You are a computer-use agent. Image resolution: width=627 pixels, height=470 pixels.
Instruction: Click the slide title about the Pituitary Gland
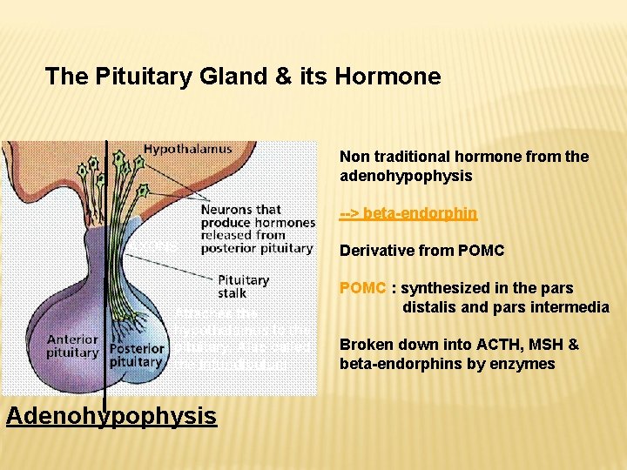click(243, 77)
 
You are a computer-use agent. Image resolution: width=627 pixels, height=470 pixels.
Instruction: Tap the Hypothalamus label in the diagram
click(187, 149)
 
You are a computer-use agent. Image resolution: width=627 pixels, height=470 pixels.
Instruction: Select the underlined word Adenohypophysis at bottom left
click(111, 416)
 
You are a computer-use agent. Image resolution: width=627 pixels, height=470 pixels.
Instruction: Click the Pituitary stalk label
click(243, 286)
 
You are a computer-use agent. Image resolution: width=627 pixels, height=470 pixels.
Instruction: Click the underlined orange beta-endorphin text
click(408, 213)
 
